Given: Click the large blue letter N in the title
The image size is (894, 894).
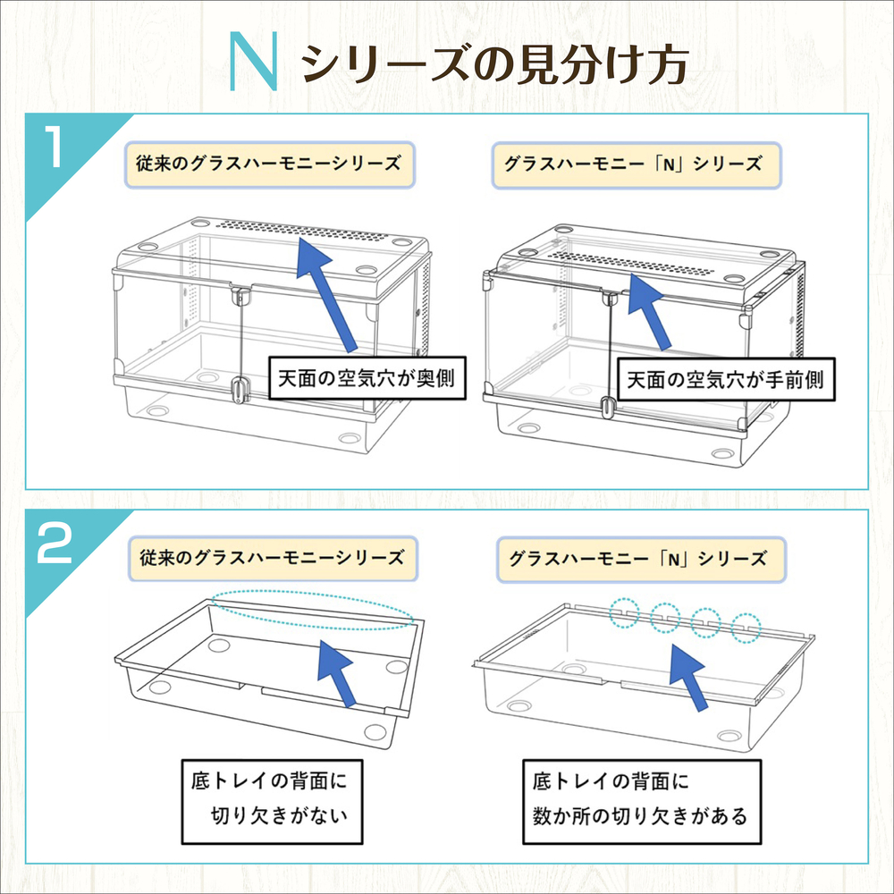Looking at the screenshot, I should click(255, 62).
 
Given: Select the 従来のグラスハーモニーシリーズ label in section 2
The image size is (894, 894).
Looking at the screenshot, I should click(269, 557).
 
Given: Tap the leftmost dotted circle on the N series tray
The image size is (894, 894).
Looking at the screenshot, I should click(625, 612).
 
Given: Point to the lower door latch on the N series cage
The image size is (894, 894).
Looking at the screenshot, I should click(607, 407).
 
